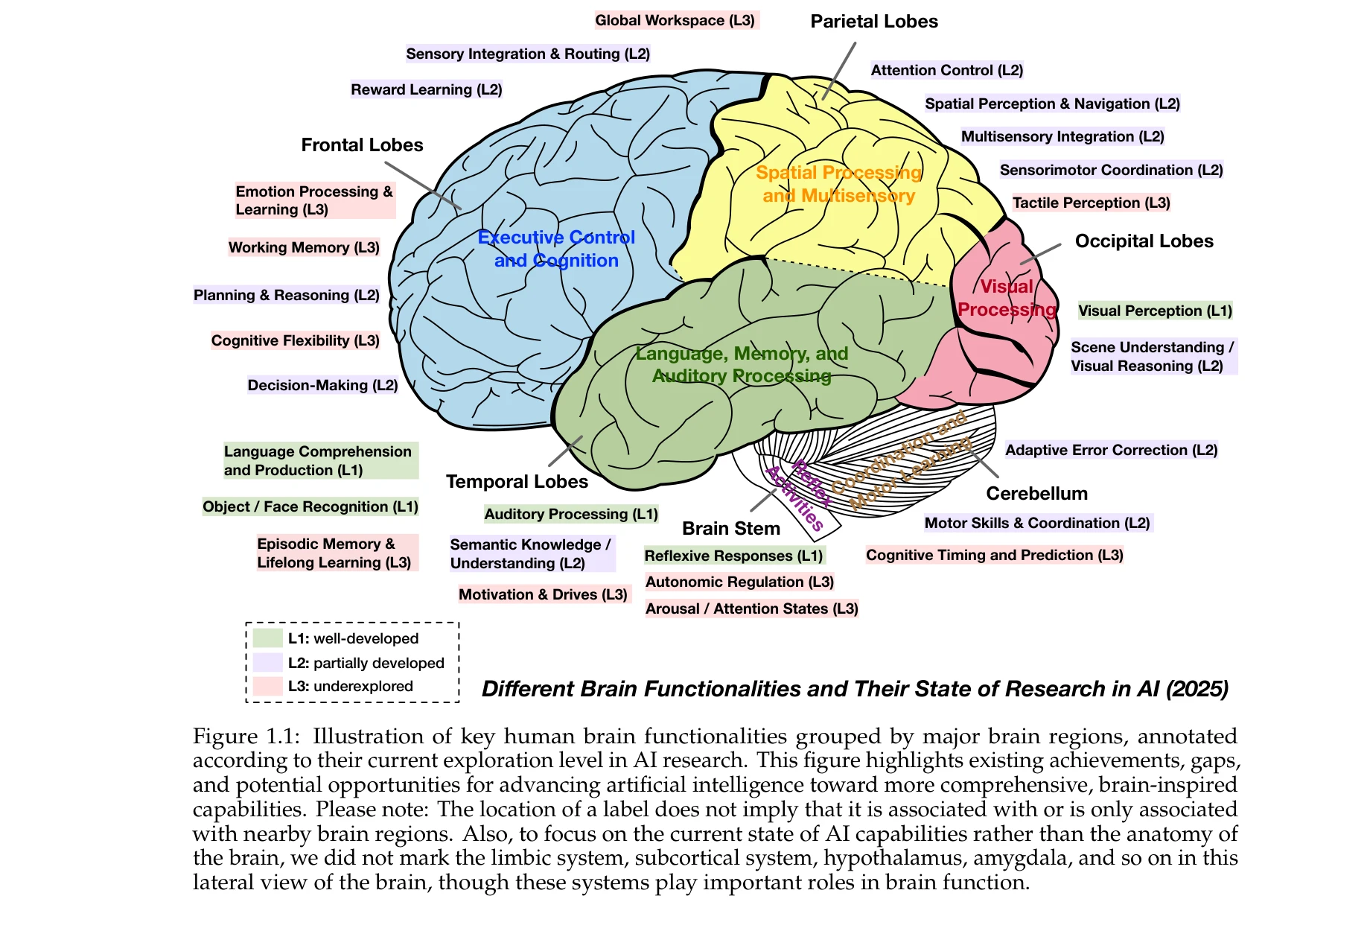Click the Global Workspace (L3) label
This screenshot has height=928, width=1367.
[x=675, y=21]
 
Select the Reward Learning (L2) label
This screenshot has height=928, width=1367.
[x=427, y=90]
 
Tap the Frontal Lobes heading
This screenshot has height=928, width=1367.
[x=362, y=145]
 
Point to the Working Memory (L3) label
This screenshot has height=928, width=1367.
[x=304, y=247]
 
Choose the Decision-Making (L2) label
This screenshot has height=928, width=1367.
[x=322, y=385]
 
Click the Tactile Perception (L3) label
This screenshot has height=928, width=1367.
[x=1091, y=203]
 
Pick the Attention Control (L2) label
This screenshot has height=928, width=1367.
[x=946, y=70]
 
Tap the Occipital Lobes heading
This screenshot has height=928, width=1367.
[x=1144, y=241]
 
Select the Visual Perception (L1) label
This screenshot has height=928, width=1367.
[x=1155, y=311]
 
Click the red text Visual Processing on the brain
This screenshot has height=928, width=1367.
[x=1007, y=298]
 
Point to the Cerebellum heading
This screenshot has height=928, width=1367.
[x=1036, y=493]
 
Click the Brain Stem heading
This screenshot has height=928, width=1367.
[x=730, y=528]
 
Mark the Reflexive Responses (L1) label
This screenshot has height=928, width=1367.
[x=733, y=556]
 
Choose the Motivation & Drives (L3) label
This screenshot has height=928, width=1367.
[x=543, y=594]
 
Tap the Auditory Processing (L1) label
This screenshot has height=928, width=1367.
[x=571, y=514]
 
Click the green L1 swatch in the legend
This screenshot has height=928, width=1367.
[x=267, y=638]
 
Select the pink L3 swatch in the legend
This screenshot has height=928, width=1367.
[x=267, y=686]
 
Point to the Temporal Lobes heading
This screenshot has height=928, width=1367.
[x=517, y=482]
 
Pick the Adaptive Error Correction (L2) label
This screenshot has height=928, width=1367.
[x=1111, y=450]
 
